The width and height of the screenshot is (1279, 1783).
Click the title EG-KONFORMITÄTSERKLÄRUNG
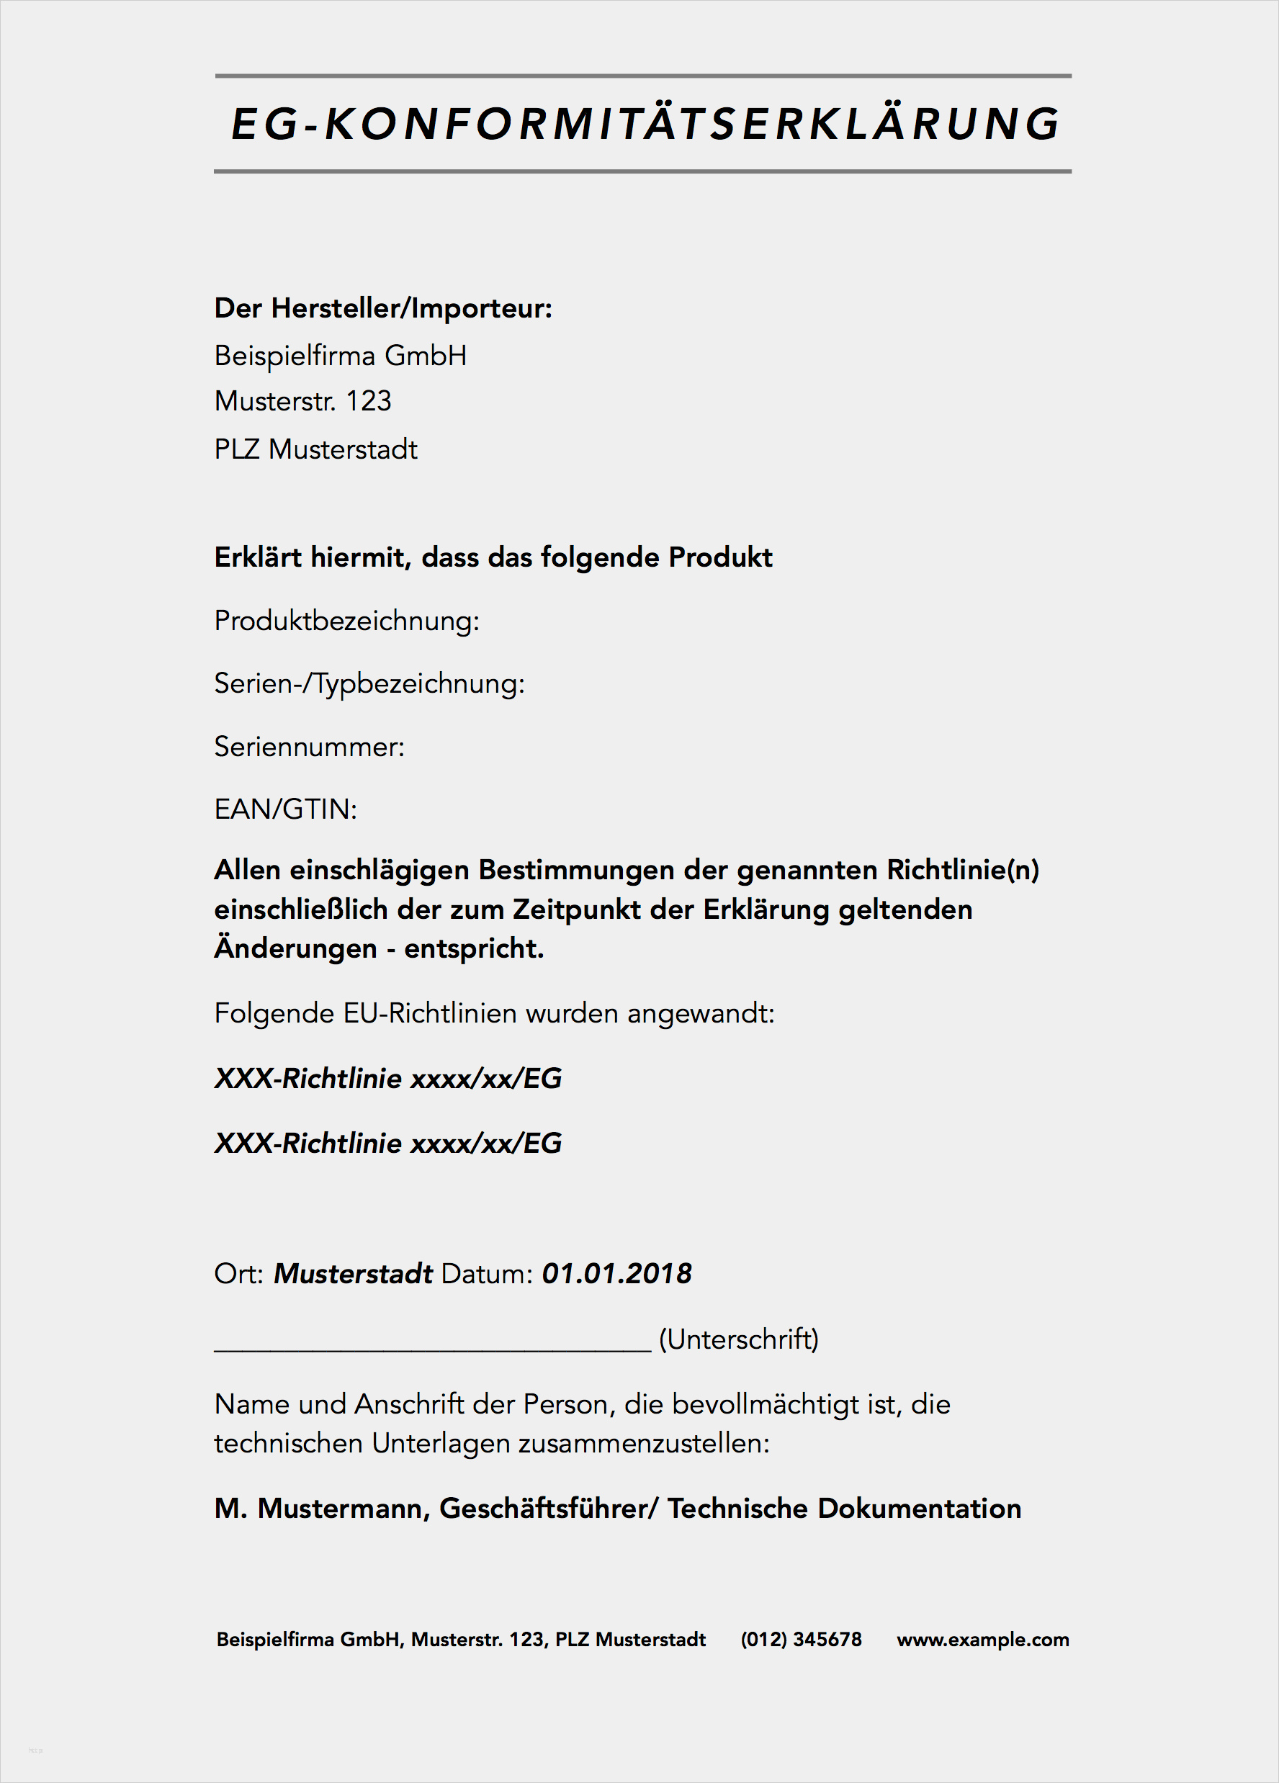click(645, 124)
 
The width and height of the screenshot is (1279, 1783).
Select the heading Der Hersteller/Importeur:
click(383, 308)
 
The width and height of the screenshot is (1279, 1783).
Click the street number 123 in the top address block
click(369, 401)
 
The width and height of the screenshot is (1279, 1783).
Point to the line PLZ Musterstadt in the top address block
click(315, 449)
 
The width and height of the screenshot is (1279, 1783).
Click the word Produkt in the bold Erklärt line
click(720, 557)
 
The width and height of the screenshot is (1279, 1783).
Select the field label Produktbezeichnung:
click(346, 620)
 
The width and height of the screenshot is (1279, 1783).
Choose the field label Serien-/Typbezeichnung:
click(369, 683)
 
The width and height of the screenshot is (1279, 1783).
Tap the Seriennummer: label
click(309, 746)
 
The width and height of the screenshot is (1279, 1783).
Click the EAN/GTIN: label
click(285, 808)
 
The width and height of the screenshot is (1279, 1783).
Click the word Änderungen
click(295, 948)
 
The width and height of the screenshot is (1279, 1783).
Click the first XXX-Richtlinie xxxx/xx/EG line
click(388, 1078)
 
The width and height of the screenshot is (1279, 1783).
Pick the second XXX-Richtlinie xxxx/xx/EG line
click(388, 1143)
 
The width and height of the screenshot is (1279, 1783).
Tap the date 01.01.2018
click(616, 1274)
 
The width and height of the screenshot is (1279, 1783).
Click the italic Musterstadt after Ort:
click(353, 1274)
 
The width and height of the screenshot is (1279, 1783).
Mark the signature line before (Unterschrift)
click(432, 1346)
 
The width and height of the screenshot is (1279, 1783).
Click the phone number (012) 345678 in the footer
click(801, 1639)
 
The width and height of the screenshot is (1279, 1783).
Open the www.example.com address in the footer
click(982, 1639)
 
